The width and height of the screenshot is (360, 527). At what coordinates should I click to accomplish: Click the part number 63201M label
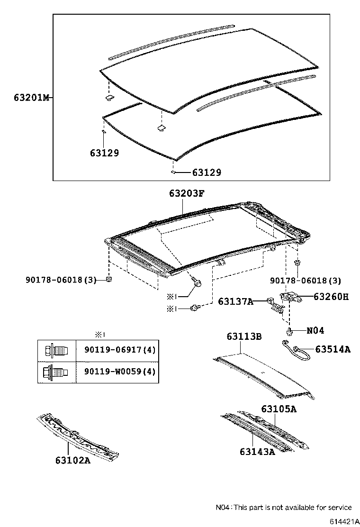[31, 98]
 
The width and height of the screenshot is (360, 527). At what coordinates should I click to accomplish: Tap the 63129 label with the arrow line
[207, 173]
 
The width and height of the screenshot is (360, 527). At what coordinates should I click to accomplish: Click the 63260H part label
[330, 297]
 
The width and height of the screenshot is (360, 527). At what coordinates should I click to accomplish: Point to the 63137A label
[235, 301]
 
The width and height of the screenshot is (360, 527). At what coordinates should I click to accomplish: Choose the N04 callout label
[315, 330]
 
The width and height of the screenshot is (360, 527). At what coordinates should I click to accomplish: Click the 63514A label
[333, 349]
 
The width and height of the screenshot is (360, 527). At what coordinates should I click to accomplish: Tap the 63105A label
[279, 409]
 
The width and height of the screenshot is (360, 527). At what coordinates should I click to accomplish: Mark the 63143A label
[257, 452]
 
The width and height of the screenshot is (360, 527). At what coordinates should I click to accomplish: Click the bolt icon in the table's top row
[56, 351]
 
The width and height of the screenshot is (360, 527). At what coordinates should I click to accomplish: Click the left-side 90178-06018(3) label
[61, 280]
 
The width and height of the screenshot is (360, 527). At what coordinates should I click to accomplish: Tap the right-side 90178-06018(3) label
[305, 281]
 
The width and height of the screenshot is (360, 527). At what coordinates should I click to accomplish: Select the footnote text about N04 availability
[284, 507]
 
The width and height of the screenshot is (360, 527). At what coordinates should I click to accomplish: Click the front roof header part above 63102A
[78, 436]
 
